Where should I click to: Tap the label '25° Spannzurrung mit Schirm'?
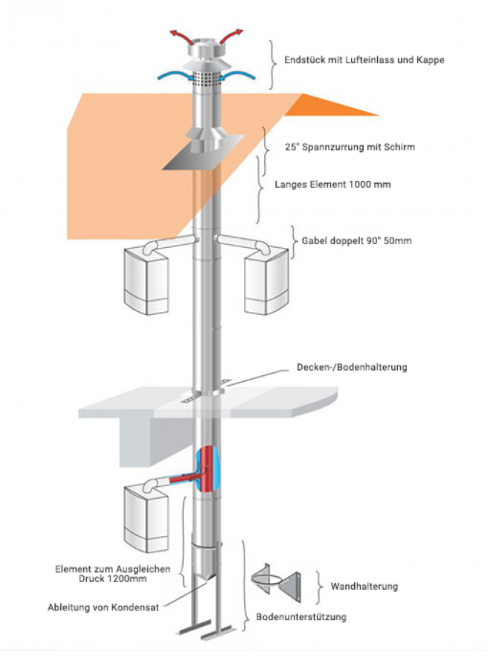point(350,147)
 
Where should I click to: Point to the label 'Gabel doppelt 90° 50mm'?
point(356,240)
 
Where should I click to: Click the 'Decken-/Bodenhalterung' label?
point(352,367)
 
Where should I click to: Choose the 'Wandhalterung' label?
point(364,586)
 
